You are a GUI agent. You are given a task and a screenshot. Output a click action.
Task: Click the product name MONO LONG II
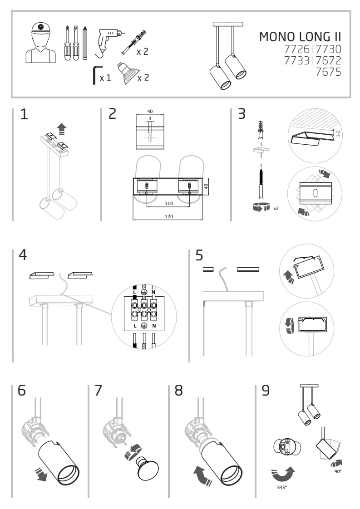(300, 37)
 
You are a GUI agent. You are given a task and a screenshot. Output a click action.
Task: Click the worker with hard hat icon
(40, 44)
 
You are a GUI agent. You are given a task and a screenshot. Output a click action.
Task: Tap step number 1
(24, 114)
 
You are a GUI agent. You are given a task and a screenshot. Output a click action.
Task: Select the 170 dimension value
(168, 216)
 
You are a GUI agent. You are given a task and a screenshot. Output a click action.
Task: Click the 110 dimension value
(168, 204)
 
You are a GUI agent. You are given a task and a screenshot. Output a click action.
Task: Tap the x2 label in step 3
(276, 208)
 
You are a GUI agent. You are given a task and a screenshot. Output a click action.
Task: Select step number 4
(23, 255)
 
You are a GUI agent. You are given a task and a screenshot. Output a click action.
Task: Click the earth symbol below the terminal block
(143, 326)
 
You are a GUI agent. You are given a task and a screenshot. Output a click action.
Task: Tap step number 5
(199, 255)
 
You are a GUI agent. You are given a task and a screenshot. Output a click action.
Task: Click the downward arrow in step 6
(41, 475)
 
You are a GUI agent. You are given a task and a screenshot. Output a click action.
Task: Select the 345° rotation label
(282, 487)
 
